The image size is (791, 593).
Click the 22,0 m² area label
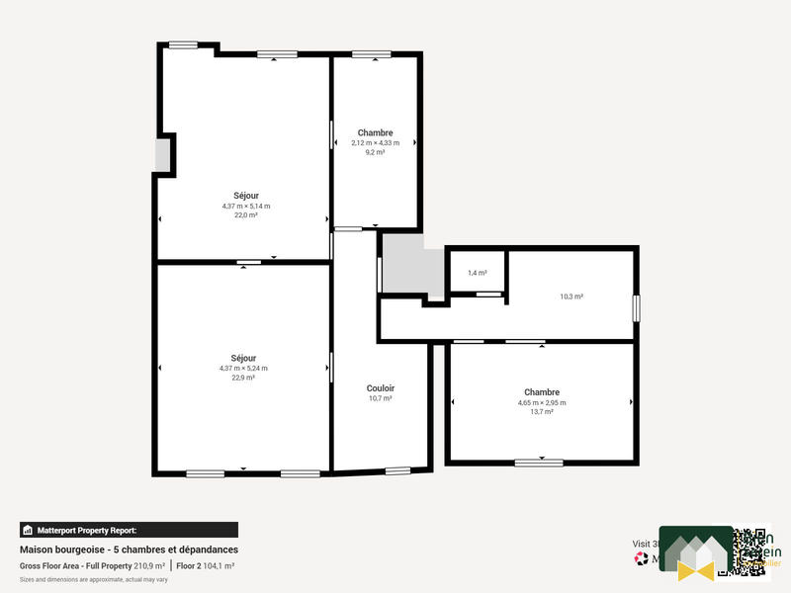[x=245, y=214]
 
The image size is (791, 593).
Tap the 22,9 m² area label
[x=243, y=378]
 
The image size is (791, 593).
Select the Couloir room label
[x=381, y=388]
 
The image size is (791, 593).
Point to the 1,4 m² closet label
[x=477, y=273]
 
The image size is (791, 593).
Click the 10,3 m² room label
[x=571, y=296]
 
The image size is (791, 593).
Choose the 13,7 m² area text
[x=542, y=411]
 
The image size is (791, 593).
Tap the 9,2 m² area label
[x=375, y=152]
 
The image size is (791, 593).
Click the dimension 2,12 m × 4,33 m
[x=375, y=142]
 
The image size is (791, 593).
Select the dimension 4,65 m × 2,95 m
[x=542, y=402]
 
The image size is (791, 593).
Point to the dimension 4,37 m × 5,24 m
[x=243, y=368]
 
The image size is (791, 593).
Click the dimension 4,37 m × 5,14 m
[x=245, y=206]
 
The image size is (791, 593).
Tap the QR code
[x=743, y=552]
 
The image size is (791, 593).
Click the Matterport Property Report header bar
[x=129, y=530]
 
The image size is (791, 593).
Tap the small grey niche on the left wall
[x=163, y=155]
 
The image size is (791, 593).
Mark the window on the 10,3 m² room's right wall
[x=637, y=306]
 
